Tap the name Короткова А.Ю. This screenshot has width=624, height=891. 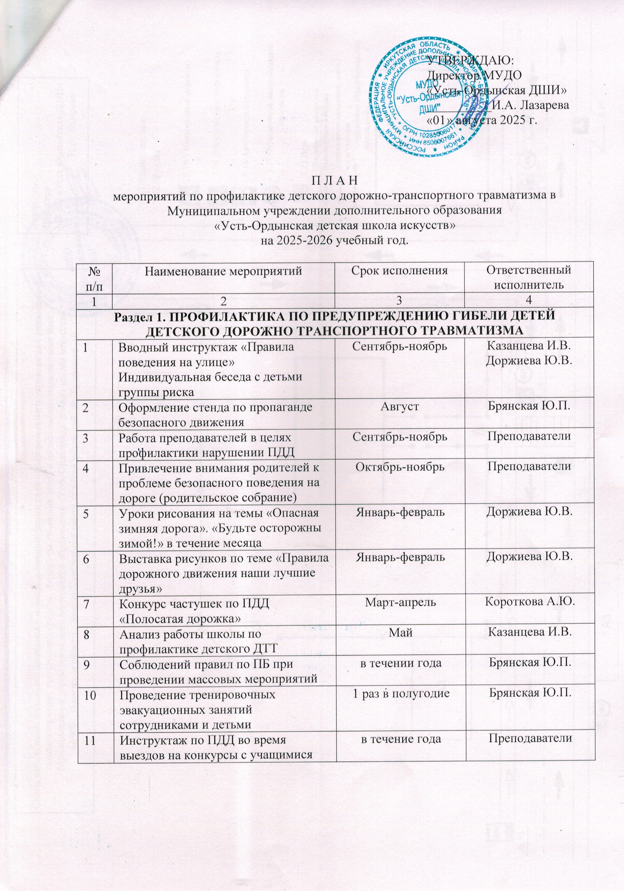click(x=529, y=602)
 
